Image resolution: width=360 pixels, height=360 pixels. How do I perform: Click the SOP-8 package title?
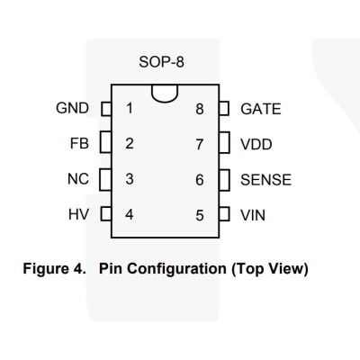[x=161, y=62]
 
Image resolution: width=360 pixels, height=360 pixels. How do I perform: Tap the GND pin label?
[x=72, y=108]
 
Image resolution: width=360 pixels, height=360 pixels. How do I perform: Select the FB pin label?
[x=79, y=143]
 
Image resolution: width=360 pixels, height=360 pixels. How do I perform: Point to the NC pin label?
[x=78, y=179]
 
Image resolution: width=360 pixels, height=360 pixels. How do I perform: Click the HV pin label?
[x=78, y=214]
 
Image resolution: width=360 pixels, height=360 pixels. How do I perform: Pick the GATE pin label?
[x=261, y=109]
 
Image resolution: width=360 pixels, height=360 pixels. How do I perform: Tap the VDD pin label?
[x=256, y=144]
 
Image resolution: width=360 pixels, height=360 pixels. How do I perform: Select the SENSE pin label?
[x=265, y=180]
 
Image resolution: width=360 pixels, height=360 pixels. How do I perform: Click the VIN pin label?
[x=253, y=215]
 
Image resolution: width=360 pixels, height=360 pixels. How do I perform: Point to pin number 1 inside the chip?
[x=130, y=108]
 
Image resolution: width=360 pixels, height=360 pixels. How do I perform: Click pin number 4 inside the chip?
[x=130, y=214]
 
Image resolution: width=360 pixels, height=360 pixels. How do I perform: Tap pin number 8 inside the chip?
[x=200, y=109]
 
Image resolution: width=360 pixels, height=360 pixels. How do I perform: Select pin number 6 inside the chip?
[x=200, y=180]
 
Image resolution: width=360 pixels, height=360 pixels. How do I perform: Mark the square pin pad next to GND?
[x=106, y=109]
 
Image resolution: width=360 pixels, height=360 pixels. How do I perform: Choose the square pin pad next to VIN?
[x=224, y=214]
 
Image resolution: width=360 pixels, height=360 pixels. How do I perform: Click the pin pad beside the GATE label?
[x=224, y=108]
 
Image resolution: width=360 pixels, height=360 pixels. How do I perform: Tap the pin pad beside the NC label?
[x=105, y=180]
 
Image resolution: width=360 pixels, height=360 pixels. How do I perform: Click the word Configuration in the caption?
[x=176, y=268]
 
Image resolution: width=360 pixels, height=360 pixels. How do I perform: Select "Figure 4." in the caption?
[x=54, y=268]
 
